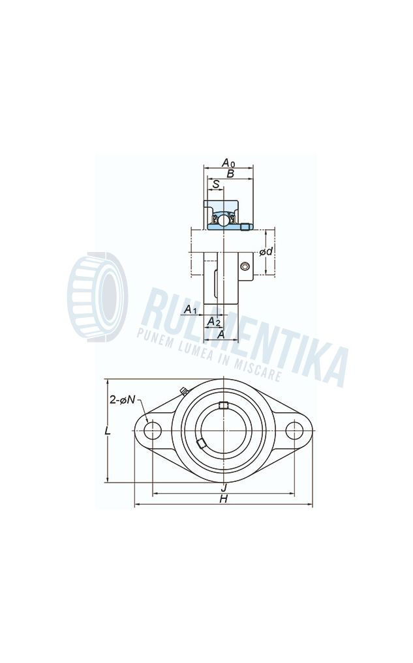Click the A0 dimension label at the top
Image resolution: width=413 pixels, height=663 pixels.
pyautogui.click(x=228, y=162)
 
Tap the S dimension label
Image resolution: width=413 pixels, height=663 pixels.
pyautogui.click(x=216, y=185)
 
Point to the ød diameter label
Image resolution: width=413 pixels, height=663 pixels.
pyautogui.click(x=266, y=251)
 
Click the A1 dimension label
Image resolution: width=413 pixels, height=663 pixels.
pyautogui.click(x=190, y=309)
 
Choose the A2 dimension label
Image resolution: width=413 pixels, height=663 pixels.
pyautogui.click(x=213, y=322)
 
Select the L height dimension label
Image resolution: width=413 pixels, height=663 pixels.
pyautogui.click(x=108, y=431)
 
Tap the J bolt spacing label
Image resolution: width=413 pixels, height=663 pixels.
pyautogui.click(x=223, y=487)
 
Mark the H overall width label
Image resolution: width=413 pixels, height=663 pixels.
pyautogui.click(x=223, y=499)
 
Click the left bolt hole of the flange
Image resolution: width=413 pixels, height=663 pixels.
pyautogui.click(x=153, y=430)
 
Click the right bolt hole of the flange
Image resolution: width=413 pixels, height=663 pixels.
pyautogui.click(x=294, y=430)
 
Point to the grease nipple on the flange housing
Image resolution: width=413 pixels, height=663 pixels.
pyautogui.click(x=184, y=391)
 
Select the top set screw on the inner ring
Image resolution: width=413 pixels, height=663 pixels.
pyautogui.click(x=223, y=406)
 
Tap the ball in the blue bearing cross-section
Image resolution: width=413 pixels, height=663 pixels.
pyautogui.click(x=222, y=220)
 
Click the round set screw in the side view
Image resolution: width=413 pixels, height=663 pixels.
pyautogui.click(x=245, y=266)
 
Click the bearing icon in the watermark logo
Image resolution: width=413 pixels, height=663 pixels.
pyautogui.click(x=98, y=297)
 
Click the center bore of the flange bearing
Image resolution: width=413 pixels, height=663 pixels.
pyautogui.click(x=223, y=430)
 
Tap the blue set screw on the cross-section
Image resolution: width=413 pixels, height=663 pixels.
pyautogui.click(x=245, y=227)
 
